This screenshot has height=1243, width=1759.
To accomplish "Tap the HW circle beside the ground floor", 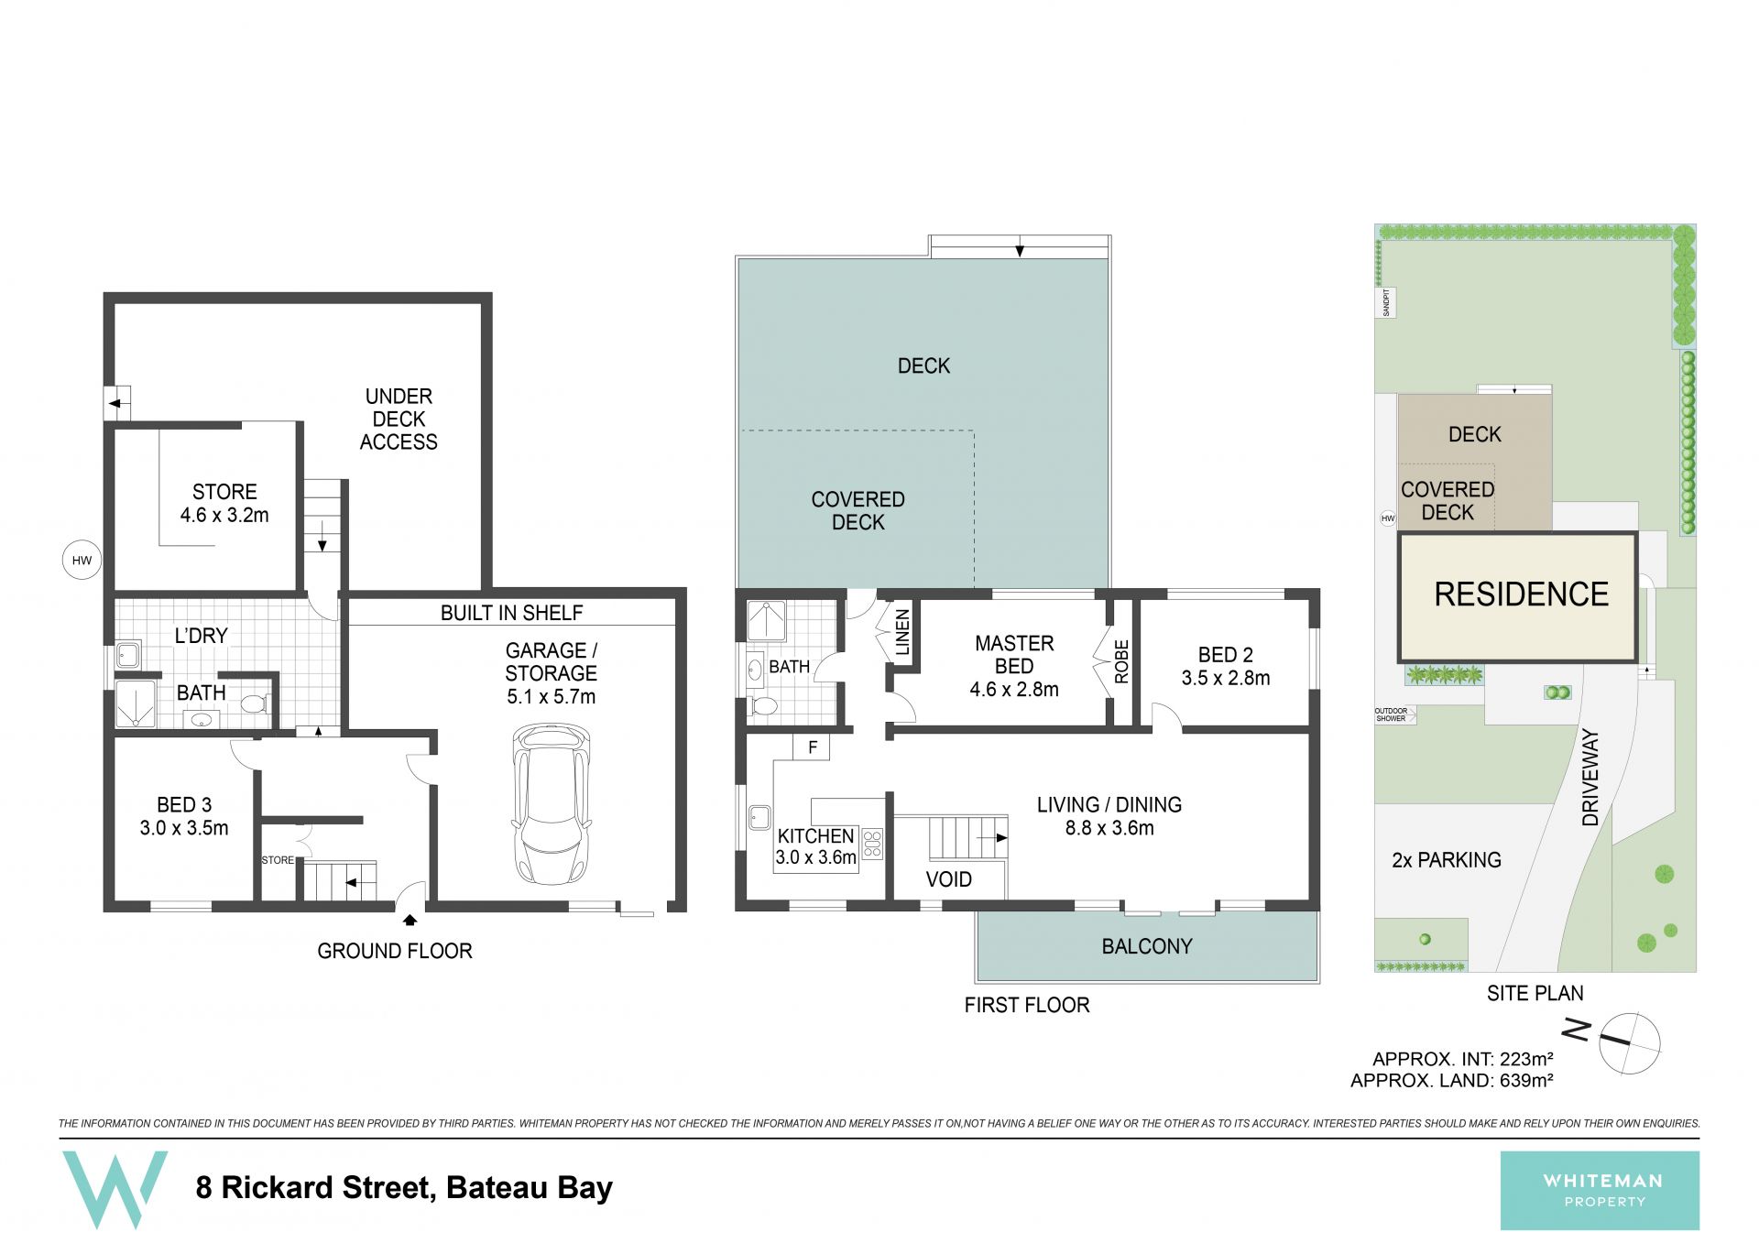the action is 82,561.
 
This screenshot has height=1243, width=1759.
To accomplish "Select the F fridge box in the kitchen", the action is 813,747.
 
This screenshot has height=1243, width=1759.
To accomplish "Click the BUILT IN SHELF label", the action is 511,613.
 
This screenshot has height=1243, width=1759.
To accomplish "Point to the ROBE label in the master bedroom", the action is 1121,661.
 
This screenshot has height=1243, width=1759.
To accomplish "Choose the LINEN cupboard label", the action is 902,632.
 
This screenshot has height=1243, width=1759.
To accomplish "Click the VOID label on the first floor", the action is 948,879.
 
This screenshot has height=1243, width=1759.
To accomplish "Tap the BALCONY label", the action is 1147,946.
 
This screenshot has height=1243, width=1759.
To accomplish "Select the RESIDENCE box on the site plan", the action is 1518,596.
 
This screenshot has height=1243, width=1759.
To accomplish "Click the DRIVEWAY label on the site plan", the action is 1590,778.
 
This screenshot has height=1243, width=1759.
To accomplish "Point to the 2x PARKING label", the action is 1447,860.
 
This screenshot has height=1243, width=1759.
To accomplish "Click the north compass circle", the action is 1629,1042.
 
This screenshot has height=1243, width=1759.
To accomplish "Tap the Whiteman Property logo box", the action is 1600,1191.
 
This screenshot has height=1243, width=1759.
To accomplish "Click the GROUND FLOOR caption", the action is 395,951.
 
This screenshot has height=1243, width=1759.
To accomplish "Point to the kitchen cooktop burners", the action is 872,844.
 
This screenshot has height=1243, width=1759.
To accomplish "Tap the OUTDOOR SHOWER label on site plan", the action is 1391,714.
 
